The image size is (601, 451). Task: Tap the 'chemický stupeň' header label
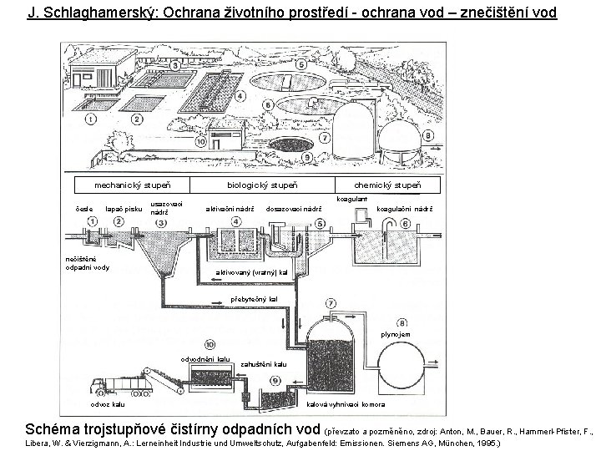(386, 184)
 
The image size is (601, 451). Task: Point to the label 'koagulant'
(351, 199)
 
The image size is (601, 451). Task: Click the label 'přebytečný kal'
(248, 298)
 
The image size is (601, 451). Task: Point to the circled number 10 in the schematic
(209, 343)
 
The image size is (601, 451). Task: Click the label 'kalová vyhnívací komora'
(345, 404)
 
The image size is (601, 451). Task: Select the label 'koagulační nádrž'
(404, 209)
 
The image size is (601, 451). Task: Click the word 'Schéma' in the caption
(54, 428)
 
